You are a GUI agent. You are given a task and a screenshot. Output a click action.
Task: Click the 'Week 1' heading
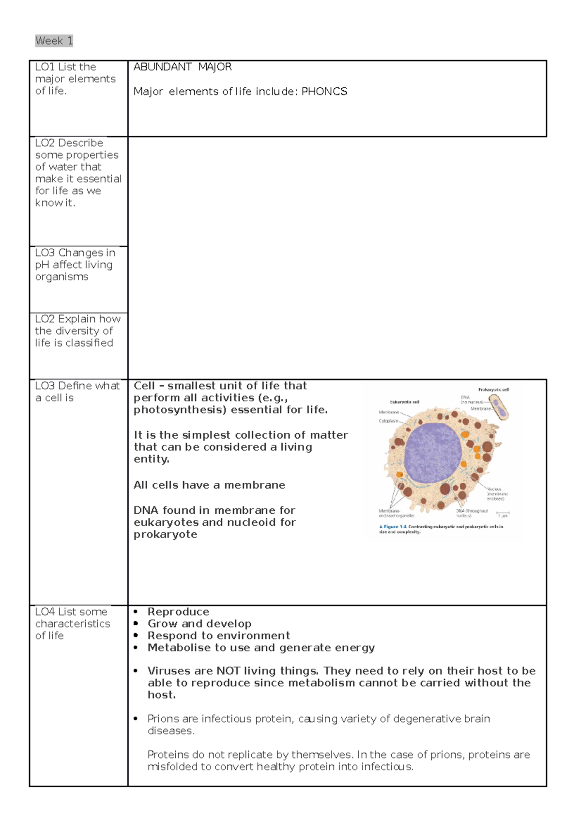click(54, 41)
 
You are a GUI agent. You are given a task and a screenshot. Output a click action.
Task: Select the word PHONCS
click(324, 92)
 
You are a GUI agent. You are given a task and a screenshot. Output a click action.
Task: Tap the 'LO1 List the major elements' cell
click(75, 79)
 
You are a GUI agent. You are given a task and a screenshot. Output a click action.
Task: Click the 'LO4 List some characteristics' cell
click(72, 623)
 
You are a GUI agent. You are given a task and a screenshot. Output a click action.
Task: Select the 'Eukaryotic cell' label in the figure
click(404, 402)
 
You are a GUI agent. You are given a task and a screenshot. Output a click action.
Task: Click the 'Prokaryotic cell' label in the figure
click(493, 389)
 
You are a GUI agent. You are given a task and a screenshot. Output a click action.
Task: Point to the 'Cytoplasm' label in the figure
click(388, 421)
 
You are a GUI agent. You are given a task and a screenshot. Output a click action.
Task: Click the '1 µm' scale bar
click(503, 514)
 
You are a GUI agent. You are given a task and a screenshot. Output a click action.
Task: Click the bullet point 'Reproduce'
click(178, 612)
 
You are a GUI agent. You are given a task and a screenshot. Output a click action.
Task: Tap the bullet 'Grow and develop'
click(199, 624)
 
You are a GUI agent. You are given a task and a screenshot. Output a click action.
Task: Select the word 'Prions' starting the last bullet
click(163, 719)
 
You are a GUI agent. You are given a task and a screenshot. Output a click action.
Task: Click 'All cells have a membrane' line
click(209, 485)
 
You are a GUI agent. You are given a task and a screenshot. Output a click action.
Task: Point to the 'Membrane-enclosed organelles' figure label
click(396, 513)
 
